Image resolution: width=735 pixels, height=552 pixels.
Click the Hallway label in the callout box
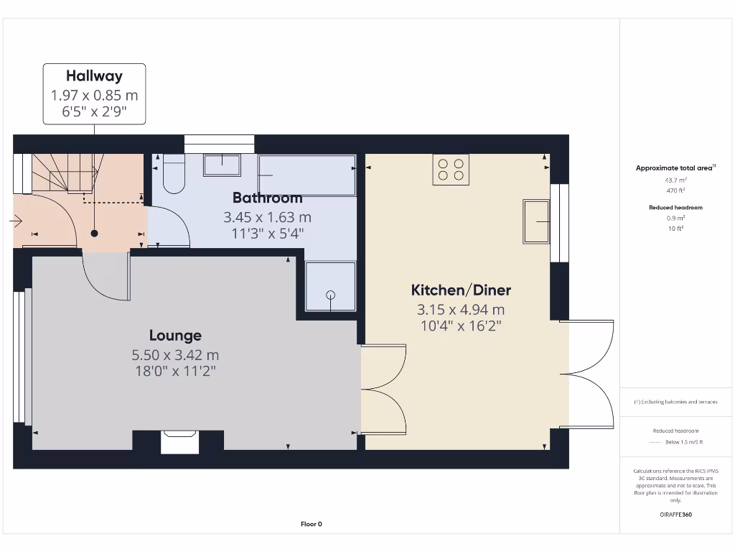point(94,75)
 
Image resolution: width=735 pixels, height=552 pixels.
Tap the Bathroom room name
point(267,198)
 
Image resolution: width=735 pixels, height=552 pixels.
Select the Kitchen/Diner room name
point(460,290)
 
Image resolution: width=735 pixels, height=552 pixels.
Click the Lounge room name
point(175,336)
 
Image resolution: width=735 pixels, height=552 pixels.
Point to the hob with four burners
point(451,170)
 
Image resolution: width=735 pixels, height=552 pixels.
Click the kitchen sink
point(536,221)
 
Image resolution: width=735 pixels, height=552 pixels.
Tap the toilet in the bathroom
point(174,175)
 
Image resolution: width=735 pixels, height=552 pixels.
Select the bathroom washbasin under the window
point(222,165)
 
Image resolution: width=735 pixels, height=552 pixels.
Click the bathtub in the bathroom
point(306,175)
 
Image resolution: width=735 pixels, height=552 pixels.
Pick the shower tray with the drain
point(330,286)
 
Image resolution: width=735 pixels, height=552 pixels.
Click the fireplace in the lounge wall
point(179,441)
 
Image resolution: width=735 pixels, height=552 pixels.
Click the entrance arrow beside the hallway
point(16,222)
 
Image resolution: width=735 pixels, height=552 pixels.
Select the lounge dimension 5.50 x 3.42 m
point(175,355)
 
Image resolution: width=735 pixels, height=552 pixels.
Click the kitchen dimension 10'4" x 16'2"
point(460,326)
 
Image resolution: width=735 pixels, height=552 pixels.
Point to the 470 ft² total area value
point(675,190)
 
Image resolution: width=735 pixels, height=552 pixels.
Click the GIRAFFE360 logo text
point(675,515)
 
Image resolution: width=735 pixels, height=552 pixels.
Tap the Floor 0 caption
point(311,524)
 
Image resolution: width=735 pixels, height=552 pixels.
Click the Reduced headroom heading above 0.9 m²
point(675,207)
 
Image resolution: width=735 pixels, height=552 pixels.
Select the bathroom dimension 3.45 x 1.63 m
point(267,216)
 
